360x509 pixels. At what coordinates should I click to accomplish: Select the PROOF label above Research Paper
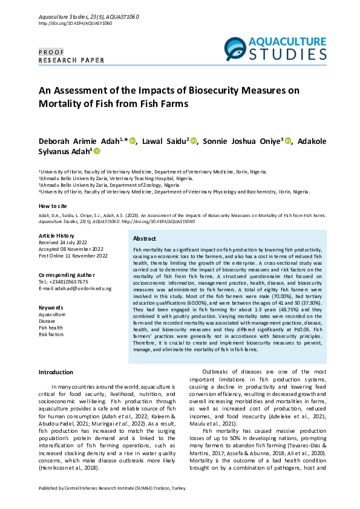tap(51, 53)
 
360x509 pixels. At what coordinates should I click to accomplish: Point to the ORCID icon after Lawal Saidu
tap(194, 141)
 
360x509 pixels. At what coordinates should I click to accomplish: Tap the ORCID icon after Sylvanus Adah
tap(96, 152)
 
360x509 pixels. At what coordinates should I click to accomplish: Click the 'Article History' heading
tap(57, 235)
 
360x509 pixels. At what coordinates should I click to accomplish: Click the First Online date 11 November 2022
tap(73, 256)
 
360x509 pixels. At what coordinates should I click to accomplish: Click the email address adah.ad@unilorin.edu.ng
tap(75, 288)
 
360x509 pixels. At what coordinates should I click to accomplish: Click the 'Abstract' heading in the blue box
tap(145, 239)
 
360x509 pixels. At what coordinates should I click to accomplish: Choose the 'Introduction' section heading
tap(56, 372)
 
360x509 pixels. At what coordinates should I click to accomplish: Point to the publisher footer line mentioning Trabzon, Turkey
tap(113, 488)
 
